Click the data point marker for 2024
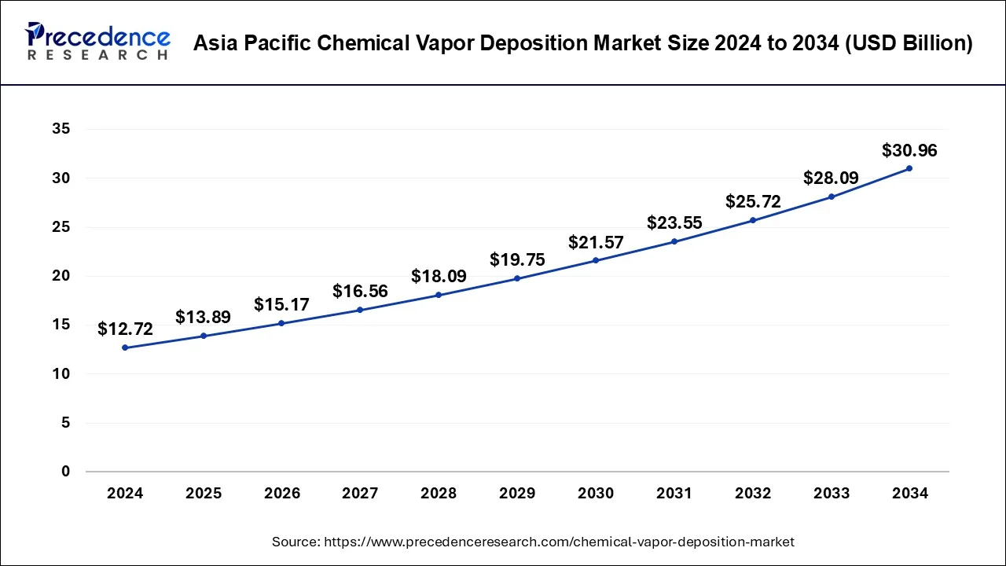pos(125,347)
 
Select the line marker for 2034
pos(909,168)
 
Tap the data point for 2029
pos(517,278)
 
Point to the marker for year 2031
pos(674,241)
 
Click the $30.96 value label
pos(909,150)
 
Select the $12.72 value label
pos(125,329)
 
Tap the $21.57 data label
pos(596,243)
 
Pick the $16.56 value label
pos(360,292)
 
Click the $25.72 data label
pos(753,202)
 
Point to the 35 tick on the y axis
pos(61,129)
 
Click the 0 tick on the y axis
pos(66,472)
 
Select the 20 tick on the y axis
pos(61,276)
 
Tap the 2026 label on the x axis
pos(281,494)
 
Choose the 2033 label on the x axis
pos(831,494)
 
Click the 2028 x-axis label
pos(439,494)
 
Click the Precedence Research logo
pos(97,42)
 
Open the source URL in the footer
pos(559,542)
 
